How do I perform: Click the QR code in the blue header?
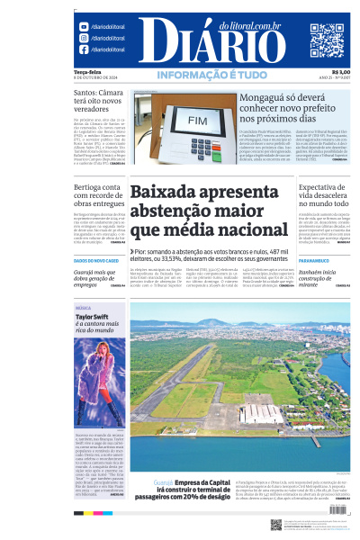tap(327, 40)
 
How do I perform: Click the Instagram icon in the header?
tap(83, 39)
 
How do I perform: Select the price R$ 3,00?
tap(340, 72)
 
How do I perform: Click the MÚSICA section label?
tap(83, 308)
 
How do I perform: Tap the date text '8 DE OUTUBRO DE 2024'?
tap(96, 77)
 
